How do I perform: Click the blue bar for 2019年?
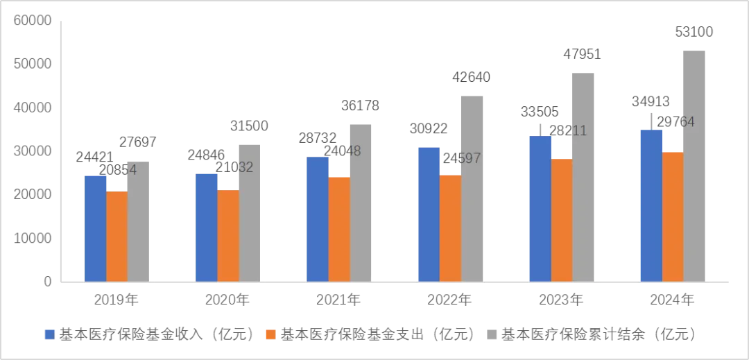click(96, 229)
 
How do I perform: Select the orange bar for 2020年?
click(228, 236)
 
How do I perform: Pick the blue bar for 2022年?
click(429, 214)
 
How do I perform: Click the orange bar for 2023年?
click(562, 220)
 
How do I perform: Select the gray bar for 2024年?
click(694, 166)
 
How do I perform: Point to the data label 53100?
click(694, 32)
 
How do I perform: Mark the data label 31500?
click(248, 126)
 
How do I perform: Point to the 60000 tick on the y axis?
click(33, 21)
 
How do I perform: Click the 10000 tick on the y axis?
click(33, 238)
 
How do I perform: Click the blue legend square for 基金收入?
click(49, 334)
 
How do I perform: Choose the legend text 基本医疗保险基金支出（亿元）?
click(378, 334)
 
